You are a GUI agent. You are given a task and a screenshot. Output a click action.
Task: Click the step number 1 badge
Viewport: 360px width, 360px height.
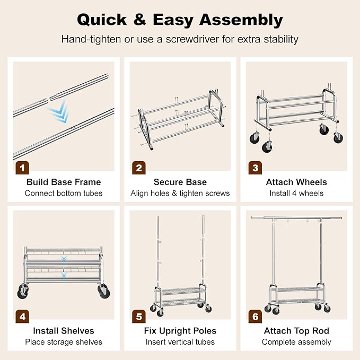pyautogui.click(x=22, y=168)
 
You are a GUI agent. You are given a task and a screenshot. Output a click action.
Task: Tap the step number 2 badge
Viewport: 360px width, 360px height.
pyautogui.click(x=139, y=168)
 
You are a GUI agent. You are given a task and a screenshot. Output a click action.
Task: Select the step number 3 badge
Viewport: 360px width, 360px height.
pyautogui.click(x=256, y=168)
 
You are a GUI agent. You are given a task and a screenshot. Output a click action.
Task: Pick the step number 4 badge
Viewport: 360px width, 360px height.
pyautogui.click(x=22, y=317)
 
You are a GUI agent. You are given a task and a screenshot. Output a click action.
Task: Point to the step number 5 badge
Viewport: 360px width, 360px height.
pyautogui.click(x=139, y=317)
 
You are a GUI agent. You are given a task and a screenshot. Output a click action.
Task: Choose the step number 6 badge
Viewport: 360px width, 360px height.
pyautogui.click(x=256, y=317)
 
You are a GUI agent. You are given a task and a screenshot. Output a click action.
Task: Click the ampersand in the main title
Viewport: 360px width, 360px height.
pyautogui.click(x=139, y=19)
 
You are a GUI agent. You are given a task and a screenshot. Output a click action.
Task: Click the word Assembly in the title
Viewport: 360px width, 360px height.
pyautogui.click(x=241, y=20)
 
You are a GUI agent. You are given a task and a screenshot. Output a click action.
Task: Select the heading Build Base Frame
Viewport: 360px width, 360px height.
pyautogui.click(x=64, y=182)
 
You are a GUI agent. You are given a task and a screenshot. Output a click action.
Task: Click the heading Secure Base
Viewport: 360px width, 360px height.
pyautogui.click(x=180, y=182)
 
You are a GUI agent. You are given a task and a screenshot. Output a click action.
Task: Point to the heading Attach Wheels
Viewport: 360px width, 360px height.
pyautogui.click(x=296, y=182)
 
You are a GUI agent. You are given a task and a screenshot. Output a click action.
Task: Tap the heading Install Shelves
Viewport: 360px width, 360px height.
pyautogui.click(x=64, y=331)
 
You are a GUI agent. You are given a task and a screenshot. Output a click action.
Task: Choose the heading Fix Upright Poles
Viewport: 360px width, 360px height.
pyautogui.click(x=180, y=331)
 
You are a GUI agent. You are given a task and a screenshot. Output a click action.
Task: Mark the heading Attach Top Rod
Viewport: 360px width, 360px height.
pyautogui.click(x=296, y=331)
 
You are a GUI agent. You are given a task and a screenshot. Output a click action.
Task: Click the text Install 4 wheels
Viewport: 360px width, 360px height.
pyautogui.click(x=296, y=194)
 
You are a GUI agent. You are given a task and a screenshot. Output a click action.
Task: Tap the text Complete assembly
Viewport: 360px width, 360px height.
pyautogui.click(x=296, y=342)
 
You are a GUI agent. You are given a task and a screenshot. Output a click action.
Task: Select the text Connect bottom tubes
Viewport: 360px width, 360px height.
pyautogui.click(x=64, y=194)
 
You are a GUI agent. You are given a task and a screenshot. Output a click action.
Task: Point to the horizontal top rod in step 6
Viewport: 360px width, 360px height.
pyautogui.click(x=296, y=218)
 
